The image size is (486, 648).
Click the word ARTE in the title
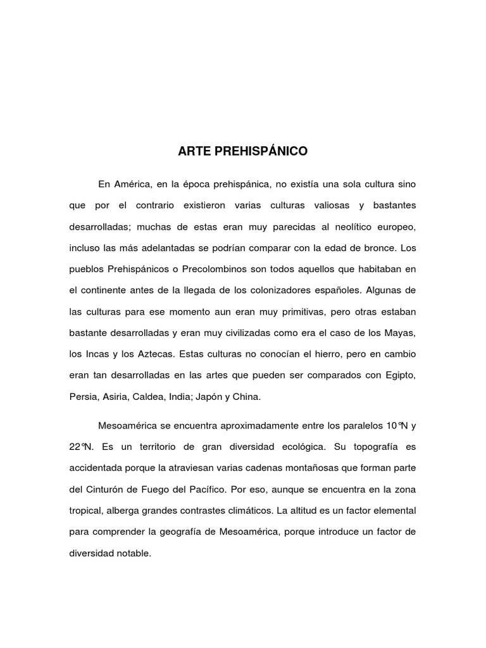(192, 152)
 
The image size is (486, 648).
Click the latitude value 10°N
(392, 425)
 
